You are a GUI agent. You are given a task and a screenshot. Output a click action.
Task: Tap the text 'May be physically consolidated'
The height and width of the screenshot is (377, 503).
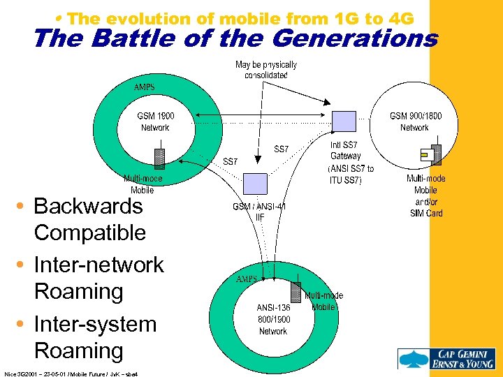[x=266, y=70]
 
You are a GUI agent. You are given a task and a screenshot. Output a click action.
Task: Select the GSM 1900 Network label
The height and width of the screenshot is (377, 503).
[x=155, y=121]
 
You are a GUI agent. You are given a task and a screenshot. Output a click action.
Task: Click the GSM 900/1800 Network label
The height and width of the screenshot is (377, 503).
[x=415, y=121]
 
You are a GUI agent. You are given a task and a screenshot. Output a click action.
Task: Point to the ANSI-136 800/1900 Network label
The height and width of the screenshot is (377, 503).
[x=273, y=319]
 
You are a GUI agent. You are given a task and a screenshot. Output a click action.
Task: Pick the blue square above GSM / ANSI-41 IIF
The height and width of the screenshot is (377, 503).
[x=254, y=184]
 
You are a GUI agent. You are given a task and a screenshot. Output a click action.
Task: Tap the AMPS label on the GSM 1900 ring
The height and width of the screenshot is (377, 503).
[x=145, y=88]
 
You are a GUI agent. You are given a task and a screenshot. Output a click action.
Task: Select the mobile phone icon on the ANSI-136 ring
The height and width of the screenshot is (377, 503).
[x=296, y=293]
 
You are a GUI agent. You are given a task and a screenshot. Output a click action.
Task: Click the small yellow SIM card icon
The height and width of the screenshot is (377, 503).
[x=424, y=154]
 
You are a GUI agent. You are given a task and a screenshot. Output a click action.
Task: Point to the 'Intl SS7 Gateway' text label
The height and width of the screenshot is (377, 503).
[x=346, y=151]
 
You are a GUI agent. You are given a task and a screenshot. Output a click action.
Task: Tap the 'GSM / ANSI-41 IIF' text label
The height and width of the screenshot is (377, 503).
[x=259, y=212]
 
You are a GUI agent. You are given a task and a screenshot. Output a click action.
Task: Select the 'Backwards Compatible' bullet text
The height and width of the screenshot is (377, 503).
[x=89, y=219]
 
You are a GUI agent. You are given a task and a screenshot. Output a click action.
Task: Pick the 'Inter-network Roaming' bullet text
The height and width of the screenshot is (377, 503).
[x=98, y=278]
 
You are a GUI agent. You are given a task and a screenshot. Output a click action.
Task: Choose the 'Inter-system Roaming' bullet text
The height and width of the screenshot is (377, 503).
[x=95, y=337]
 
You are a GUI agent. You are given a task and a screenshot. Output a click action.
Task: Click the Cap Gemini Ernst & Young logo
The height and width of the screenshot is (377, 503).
[x=448, y=359]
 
